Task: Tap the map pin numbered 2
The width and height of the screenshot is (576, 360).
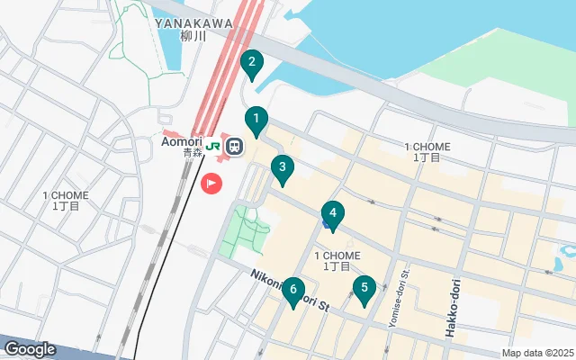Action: coord(252,64)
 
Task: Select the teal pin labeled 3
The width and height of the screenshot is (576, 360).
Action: coord(283,168)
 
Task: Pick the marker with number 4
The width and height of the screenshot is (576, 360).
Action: coord(333,214)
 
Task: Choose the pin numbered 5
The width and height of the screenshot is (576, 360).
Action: coord(364,289)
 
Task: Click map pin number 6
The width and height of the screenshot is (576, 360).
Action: coord(292,291)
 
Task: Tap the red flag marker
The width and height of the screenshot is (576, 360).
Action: coord(211,183)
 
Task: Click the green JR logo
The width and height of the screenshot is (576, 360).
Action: coord(214,145)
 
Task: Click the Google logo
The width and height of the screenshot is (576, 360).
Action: coord(31,349)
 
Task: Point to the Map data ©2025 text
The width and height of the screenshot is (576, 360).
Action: coord(537,353)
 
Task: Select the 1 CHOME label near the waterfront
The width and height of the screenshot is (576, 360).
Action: coord(427,151)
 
